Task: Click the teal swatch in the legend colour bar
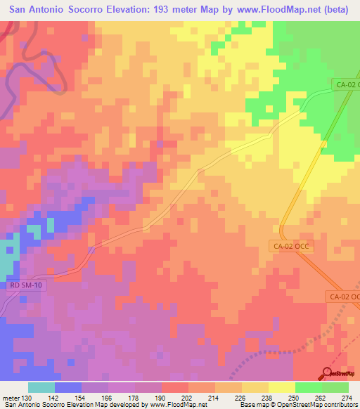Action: coord(41,387)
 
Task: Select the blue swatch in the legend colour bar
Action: coord(68,387)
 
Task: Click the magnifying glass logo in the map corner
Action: coord(328,372)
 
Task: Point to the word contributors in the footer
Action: coord(339,405)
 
